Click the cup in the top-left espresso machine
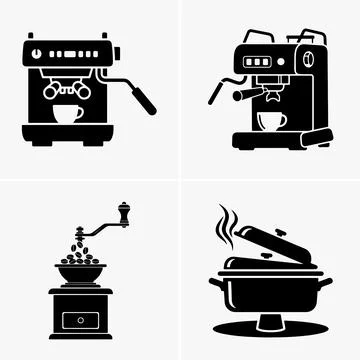pos(68,112)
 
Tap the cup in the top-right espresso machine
pos(271,121)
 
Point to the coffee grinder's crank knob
pos(124,212)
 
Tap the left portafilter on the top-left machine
pos(53,87)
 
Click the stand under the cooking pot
pos(269,324)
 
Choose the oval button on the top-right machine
pos(314,61)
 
